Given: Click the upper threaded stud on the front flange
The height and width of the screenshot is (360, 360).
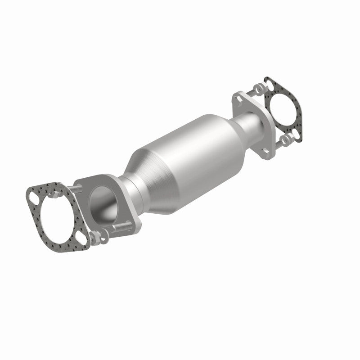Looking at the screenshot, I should point(75,189).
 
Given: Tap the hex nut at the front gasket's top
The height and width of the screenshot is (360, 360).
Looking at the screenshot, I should point(56,194).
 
